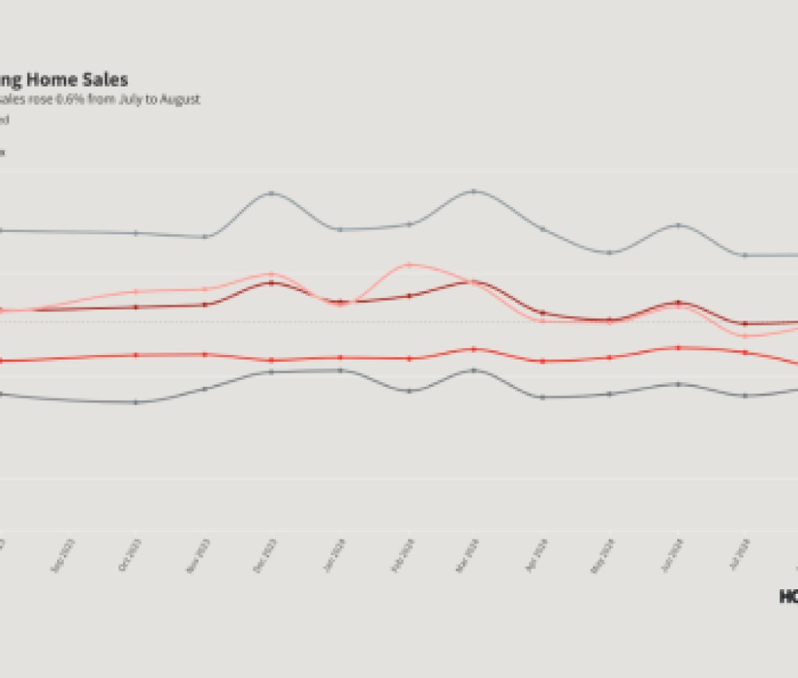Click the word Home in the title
click(x=68, y=79)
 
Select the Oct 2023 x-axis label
click(x=129, y=554)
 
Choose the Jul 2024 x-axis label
click(x=740, y=554)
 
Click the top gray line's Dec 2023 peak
click(x=271, y=192)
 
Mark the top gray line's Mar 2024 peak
click(x=474, y=191)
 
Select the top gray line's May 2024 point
click(x=610, y=252)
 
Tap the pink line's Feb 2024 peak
click(x=408, y=265)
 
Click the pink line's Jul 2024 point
click(x=746, y=336)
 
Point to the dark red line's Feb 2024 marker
click(x=408, y=296)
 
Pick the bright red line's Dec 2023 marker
click(x=271, y=360)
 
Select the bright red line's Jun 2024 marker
click(x=679, y=348)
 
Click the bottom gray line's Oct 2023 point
click(x=136, y=402)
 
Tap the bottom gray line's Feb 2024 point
click(x=408, y=391)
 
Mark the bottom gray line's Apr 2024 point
click(x=542, y=397)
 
